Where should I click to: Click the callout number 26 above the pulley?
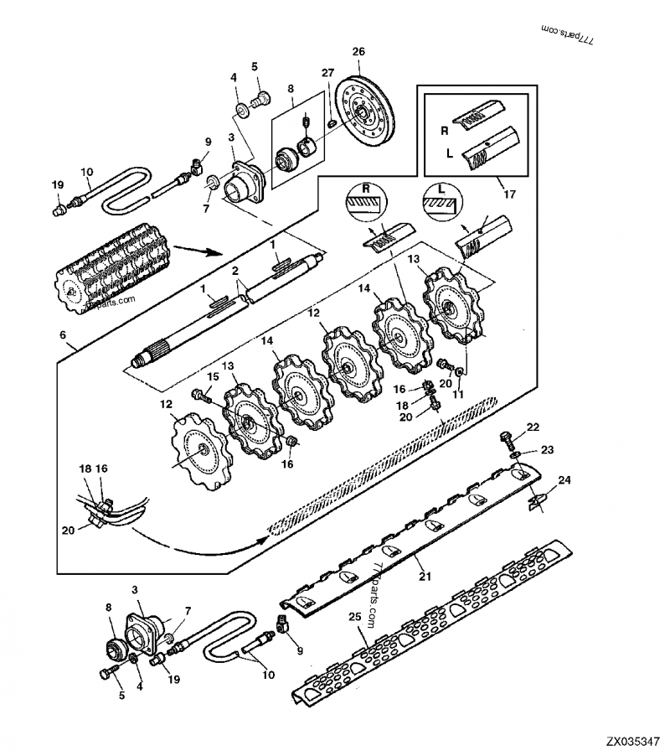click(358, 52)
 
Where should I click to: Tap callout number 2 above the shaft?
click(236, 272)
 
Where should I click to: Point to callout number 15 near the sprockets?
click(214, 376)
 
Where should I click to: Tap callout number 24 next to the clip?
click(564, 481)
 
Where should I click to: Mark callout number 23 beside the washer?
click(547, 450)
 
